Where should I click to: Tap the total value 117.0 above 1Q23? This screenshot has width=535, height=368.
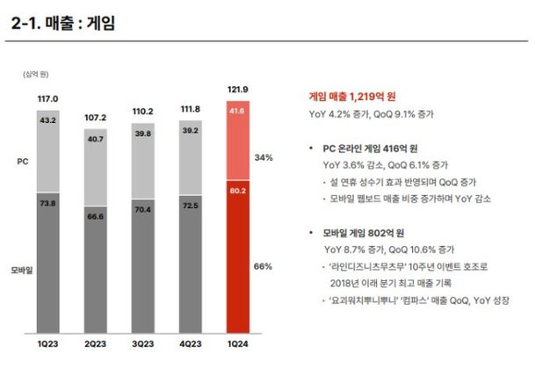coord(48,98)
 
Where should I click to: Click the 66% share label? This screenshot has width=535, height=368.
coord(264,264)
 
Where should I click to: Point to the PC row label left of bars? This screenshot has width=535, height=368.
coord(24,162)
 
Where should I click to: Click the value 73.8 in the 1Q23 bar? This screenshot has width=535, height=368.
coord(49,203)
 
